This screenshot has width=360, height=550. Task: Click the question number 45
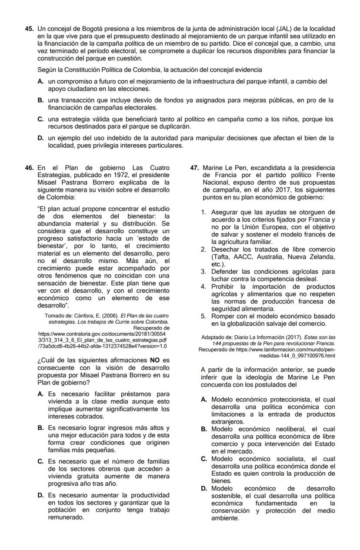(29, 29)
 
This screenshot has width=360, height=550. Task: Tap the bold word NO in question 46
(155, 360)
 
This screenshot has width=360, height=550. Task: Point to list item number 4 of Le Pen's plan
(203, 287)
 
